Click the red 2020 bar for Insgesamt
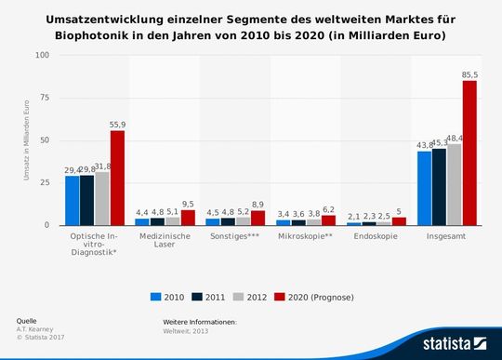click(469, 153)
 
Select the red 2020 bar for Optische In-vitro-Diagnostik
click(117, 178)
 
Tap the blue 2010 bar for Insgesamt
click(424, 188)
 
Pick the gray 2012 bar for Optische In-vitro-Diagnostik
click(102, 198)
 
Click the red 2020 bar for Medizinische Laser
click(188, 217)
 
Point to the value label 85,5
click(470, 74)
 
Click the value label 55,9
click(118, 124)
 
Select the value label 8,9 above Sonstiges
click(258, 204)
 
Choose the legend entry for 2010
click(168, 297)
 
